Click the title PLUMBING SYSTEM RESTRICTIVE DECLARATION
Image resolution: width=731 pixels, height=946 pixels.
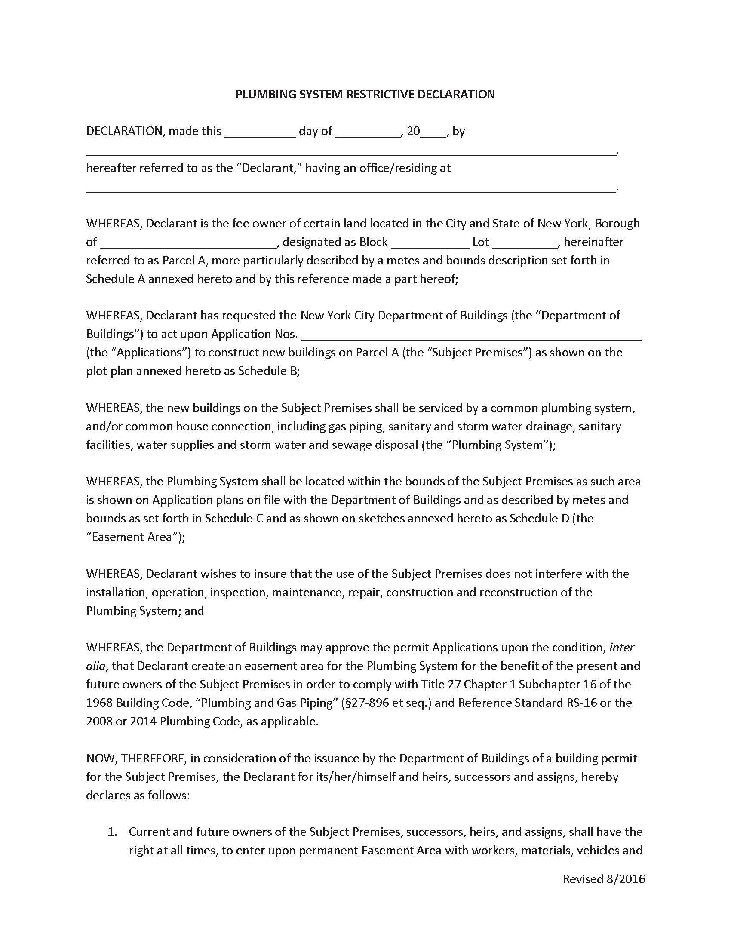tap(365, 95)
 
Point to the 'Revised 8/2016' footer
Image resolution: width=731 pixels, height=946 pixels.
tap(604, 879)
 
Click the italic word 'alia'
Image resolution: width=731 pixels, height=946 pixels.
tap(96, 666)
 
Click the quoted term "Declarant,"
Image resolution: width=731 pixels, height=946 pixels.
tap(268, 168)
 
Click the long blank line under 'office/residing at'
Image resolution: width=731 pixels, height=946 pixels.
tap(351, 189)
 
